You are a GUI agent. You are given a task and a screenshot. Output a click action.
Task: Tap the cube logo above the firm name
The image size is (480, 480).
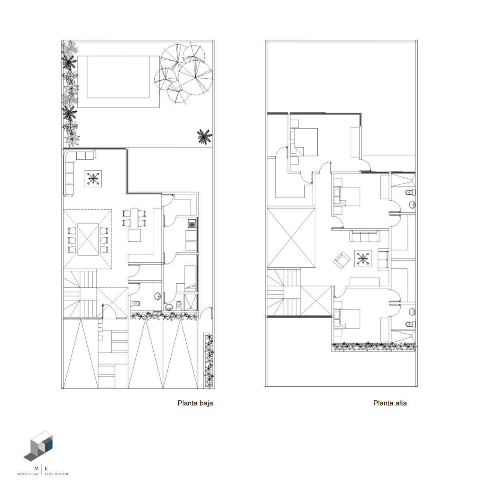[x=38, y=446]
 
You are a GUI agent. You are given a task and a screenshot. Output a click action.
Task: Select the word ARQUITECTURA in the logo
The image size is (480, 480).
[x=28, y=474]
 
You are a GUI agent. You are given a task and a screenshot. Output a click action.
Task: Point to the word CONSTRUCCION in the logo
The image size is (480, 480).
[x=56, y=474]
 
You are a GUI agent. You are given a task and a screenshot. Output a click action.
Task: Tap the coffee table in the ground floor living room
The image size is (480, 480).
[x=93, y=178]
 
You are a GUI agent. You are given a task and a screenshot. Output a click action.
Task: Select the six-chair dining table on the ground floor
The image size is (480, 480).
[x=88, y=239]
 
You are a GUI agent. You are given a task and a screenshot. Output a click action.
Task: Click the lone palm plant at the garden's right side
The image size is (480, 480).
[x=204, y=136]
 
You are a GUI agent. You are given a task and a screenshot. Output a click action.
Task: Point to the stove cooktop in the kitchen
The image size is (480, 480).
[x=192, y=224]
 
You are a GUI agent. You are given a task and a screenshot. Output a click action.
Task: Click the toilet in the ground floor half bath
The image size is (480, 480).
[x=135, y=303]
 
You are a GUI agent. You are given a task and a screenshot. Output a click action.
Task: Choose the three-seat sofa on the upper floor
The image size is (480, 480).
[x=365, y=236]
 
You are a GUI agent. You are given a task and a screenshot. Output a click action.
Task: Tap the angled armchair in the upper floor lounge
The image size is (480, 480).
[x=342, y=260]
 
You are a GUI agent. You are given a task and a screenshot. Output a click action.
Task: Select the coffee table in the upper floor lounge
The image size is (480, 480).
[x=363, y=258]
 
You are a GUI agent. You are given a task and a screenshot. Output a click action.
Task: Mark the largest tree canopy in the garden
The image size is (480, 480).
[x=196, y=78]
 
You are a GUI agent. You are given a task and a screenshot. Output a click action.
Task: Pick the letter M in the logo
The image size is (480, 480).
[x=36, y=469]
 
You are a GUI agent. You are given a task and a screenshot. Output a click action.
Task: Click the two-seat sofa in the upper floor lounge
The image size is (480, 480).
[x=383, y=259]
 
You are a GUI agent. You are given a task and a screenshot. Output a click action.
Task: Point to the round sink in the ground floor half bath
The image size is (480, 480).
[x=157, y=296]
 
